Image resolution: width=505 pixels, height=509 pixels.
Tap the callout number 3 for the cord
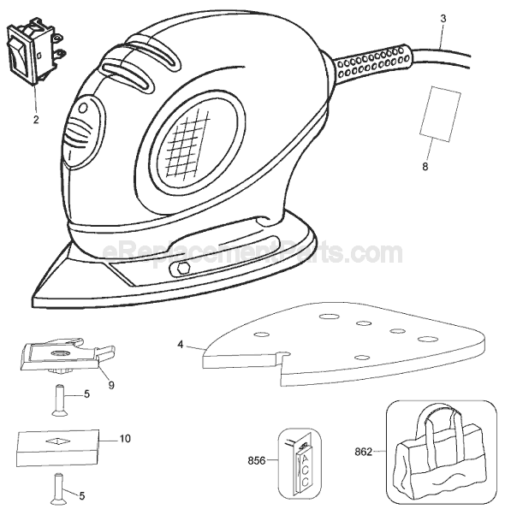(x=443, y=19)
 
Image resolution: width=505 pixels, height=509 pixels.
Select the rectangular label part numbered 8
(x=440, y=114)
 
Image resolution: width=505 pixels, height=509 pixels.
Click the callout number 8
(x=425, y=167)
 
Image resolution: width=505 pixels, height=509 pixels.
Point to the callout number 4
(x=181, y=345)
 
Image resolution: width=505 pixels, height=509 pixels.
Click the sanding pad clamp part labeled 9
(x=68, y=356)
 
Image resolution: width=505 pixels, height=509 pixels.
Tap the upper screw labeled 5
(x=59, y=400)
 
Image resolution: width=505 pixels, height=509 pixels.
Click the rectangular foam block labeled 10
(x=58, y=448)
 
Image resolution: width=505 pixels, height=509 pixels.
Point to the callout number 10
(x=125, y=439)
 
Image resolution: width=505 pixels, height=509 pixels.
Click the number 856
(x=257, y=460)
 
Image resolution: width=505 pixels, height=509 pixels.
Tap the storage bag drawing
(x=441, y=451)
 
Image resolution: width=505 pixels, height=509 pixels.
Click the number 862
(x=363, y=452)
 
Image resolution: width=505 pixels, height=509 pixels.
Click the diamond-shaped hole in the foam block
(x=58, y=441)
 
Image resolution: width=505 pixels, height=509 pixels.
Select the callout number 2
(x=36, y=120)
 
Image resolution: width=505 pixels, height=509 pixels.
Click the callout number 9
(x=111, y=385)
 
